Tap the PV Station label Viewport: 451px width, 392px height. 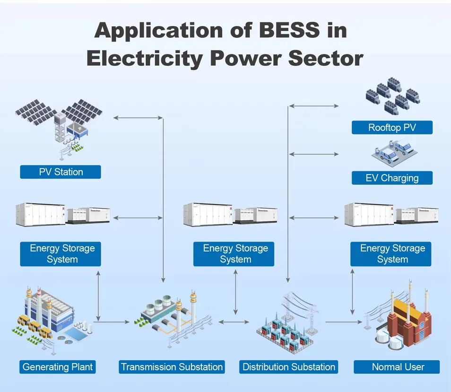[61, 172]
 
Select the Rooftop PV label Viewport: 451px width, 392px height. [392, 128]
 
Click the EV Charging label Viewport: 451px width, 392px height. [392, 178]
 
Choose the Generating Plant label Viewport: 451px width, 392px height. [58, 367]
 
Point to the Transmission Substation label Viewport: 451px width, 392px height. [172, 367]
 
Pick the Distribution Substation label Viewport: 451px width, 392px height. [289, 367]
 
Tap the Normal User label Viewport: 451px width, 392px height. [398, 367]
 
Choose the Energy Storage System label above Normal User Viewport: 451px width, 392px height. [392, 254]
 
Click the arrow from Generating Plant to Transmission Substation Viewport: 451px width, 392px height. [112, 322]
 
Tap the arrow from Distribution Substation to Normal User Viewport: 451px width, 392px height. [344, 322]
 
